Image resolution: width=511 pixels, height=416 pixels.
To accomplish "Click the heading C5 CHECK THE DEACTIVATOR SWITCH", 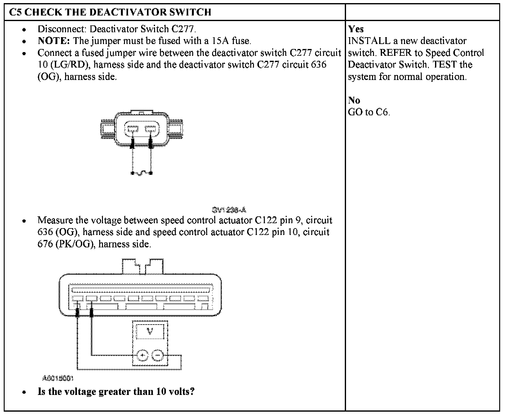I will click(x=110, y=12).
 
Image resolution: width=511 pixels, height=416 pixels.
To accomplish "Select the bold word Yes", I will click(x=356, y=29).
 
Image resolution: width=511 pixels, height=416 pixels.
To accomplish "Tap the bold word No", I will click(x=354, y=100).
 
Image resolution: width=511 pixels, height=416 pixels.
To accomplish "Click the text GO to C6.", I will click(x=369, y=112).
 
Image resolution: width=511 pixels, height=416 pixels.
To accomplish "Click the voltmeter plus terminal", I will click(x=142, y=356).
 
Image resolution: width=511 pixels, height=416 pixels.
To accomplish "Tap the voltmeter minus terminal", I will click(x=158, y=356).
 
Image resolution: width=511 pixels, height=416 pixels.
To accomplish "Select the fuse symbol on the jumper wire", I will click(x=142, y=173).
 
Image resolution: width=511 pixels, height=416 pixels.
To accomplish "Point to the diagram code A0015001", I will click(x=58, y=378).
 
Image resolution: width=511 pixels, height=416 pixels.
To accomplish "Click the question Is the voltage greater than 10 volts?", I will click(x=116, y=392).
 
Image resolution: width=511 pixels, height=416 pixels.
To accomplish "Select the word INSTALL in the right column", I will click(x=369, y=41).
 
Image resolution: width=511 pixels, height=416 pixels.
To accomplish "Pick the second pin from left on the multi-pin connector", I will click(x=91, y=299).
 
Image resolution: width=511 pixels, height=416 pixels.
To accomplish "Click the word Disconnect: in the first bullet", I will click(x=62, y=29).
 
